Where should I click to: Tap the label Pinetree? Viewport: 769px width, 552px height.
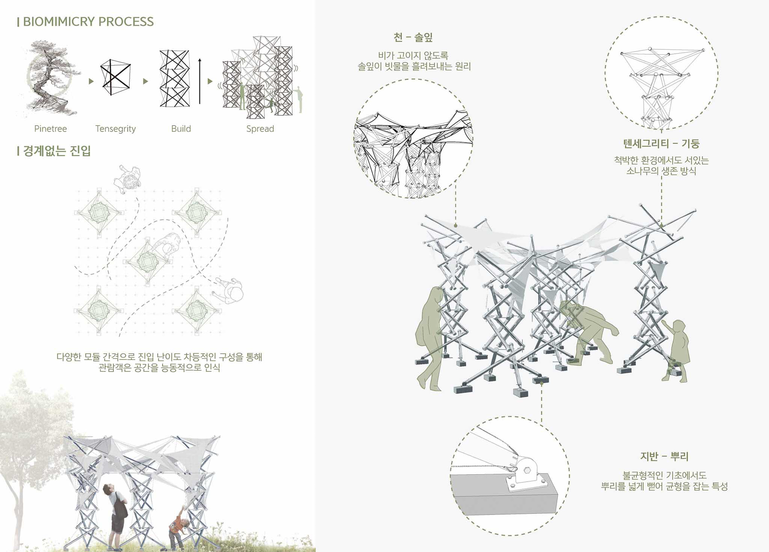click(50, 128)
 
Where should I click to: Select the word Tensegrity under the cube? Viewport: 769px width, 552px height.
click(115, 129)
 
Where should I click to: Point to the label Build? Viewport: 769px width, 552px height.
click(181, 128)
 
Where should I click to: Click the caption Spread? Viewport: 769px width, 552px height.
click(260, 129)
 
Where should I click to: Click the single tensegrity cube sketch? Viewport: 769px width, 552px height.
click(115, 77)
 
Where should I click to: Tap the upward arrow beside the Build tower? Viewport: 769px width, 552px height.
click(199, 81)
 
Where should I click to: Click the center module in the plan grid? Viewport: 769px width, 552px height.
click(147, 261)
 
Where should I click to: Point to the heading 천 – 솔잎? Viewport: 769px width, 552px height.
click(413, 38)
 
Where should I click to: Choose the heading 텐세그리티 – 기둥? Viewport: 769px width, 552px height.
click(661, 143)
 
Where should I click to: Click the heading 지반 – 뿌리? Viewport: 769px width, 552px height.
click(664, 456)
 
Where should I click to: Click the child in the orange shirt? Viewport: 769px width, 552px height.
click(177, 527)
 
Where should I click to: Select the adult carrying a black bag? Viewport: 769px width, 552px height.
click(115, 514)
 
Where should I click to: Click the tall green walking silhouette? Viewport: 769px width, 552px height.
click(429, 338)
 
